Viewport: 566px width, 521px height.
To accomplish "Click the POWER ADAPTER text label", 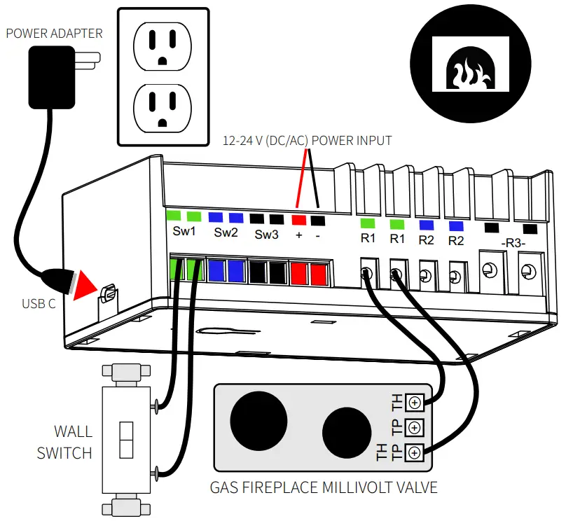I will click(x=54, y=33).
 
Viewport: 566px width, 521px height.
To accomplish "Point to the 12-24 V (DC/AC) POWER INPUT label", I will click(x=307, y=140).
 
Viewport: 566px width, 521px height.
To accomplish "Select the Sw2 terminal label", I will click(x=226, y=232).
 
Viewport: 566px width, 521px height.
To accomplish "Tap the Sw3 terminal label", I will click(x=266, y=234).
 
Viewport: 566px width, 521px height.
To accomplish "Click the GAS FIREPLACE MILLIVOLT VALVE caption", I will click(x=324, y=487).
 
